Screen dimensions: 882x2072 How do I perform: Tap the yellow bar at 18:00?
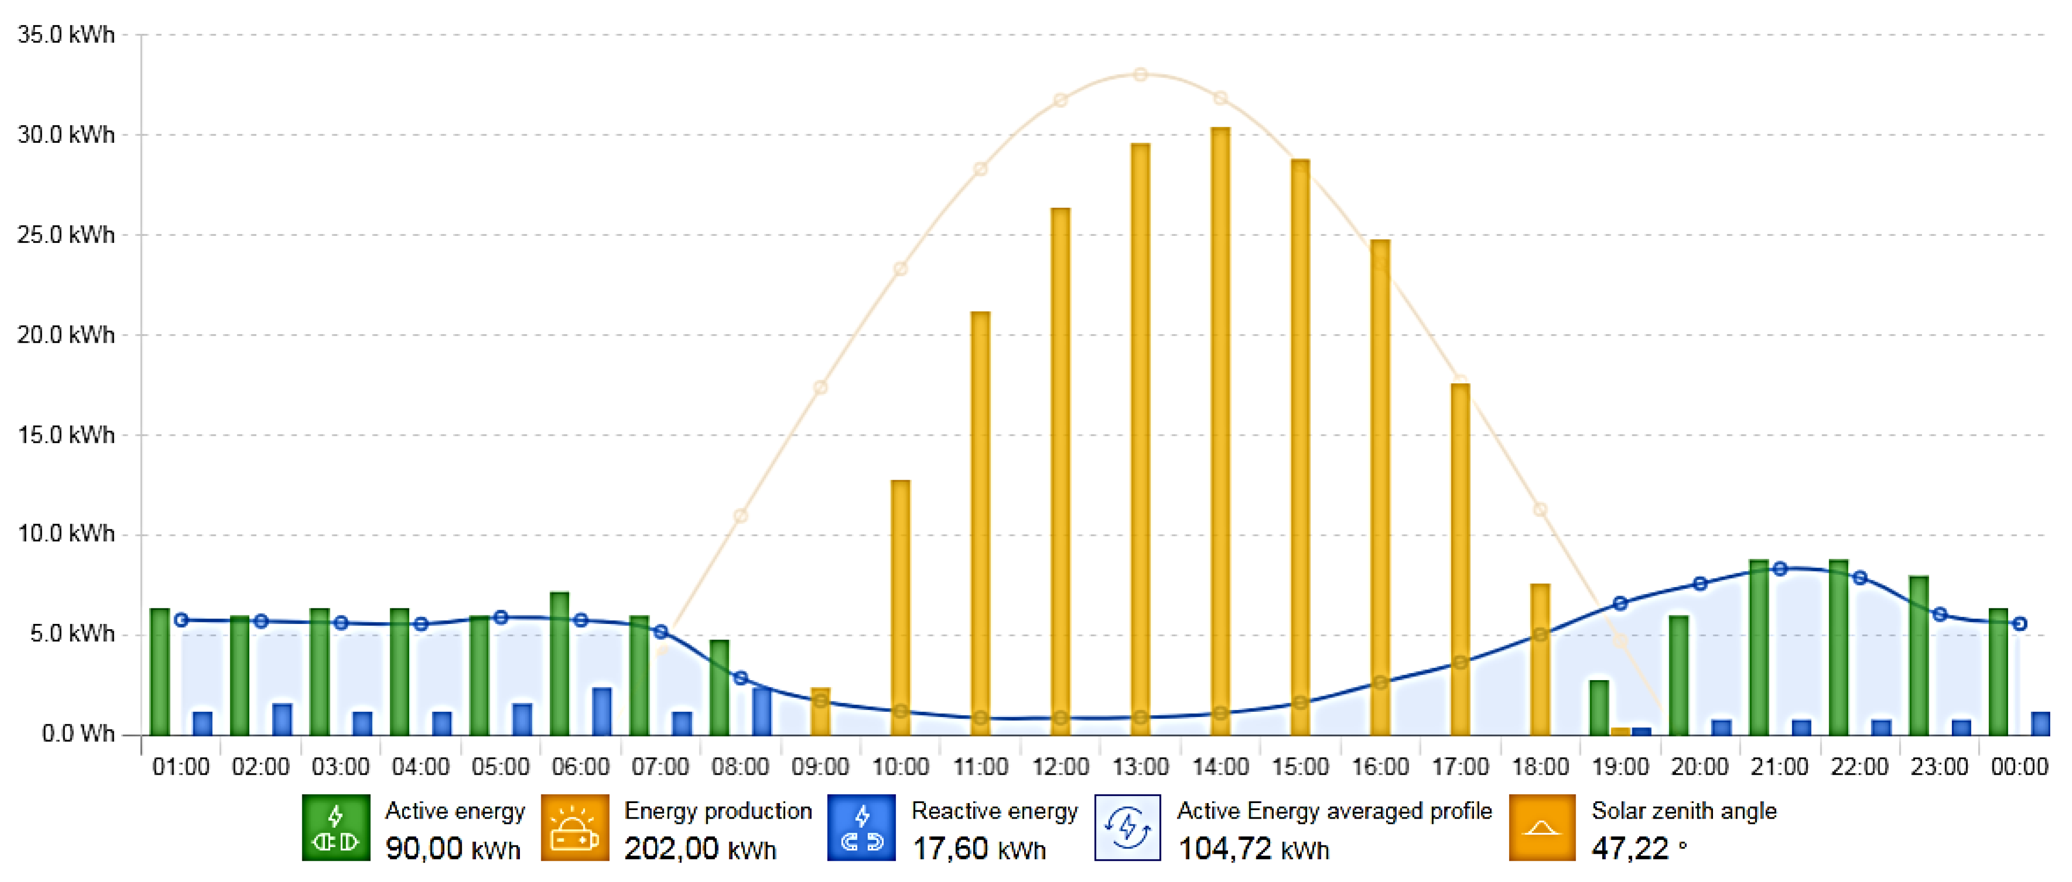(x=1539, y=659)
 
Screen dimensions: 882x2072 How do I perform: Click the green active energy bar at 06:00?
(x=559, y=663)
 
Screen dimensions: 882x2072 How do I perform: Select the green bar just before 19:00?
(x=1599, y=708)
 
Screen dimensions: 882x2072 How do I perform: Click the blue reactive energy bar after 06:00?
(x=602, y=711)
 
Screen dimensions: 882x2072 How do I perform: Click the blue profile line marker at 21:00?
(x=1780, y=569)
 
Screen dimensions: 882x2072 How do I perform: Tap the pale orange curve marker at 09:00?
(x=820, y=388)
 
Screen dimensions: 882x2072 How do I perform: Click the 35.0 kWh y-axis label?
(x=66, y=35)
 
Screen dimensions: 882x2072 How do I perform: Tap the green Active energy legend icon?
(x=335, y=827)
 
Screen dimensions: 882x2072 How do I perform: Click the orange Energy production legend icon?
(x=574, y=827)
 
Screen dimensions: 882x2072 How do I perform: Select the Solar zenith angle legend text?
(x=1684, y=811)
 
